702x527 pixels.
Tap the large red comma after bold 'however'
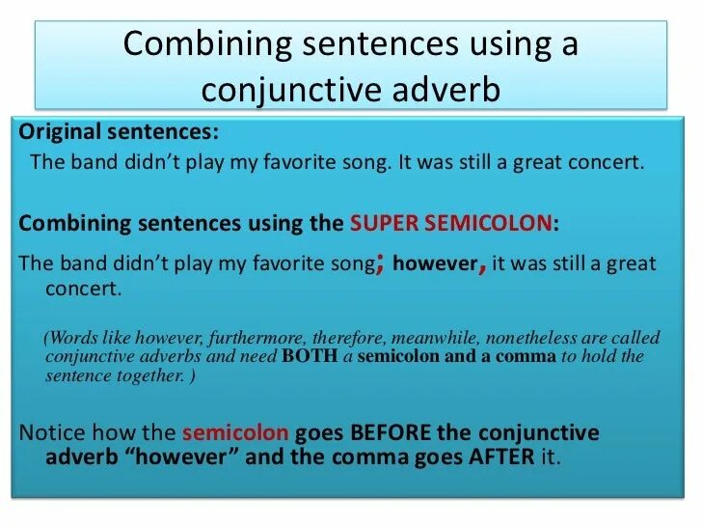[481, 265]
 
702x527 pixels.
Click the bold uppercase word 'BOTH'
[306, 356]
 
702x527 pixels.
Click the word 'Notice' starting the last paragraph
[48, 432]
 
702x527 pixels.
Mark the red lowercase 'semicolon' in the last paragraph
[229, 432]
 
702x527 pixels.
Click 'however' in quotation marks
[192, 457]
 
